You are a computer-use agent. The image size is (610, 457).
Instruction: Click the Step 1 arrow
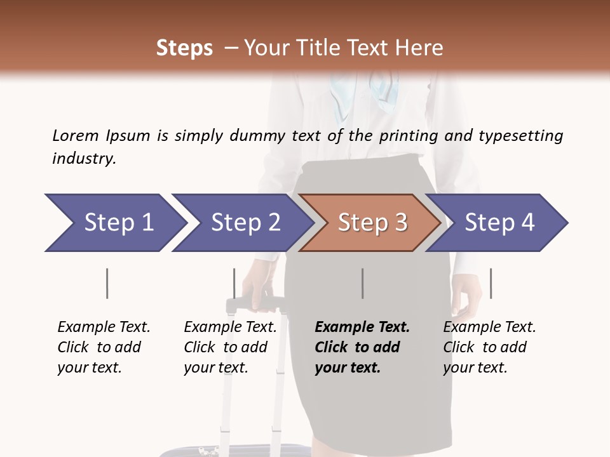[x=114, y=223]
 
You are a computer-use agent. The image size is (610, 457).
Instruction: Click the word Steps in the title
[x=184, y=48]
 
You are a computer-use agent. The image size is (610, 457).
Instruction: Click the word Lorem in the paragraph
[x=76, y=136]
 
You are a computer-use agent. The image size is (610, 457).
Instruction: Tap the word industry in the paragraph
[x=83, y=159]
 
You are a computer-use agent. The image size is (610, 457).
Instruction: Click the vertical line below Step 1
[x=107, y=283]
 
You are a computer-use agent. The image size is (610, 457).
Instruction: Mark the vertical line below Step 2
[x=234, y=283]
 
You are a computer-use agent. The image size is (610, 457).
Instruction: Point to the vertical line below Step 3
[x=362, y=283]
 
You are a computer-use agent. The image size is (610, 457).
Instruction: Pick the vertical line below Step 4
[x=491, y=283]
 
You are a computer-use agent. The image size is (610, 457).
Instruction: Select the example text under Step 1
[x=104, y=347]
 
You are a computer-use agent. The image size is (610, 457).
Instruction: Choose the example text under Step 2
[x=230, y=347]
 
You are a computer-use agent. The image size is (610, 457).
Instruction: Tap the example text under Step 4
[x=489, y=347]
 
